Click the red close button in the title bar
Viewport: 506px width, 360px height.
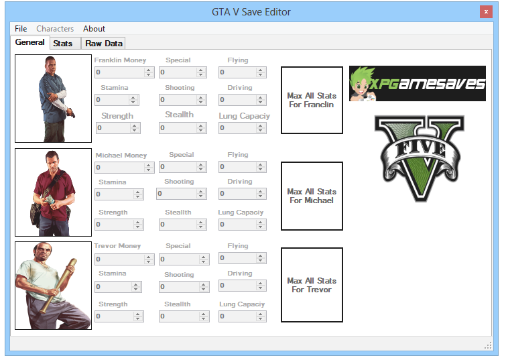(x=486, y=12)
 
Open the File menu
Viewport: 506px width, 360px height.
(x=21, y=29)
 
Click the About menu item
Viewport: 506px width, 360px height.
(x=94, y=29)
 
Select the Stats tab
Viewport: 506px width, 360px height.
(x=63, y=44)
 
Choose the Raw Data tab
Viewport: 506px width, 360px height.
(x=104, y=44)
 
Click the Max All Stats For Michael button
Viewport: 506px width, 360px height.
(x=312, y=196)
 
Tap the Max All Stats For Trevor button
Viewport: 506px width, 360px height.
(x=312, y=285)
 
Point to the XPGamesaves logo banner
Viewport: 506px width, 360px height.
(x=417, y=83)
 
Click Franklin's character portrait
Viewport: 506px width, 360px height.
(x=53, y=99)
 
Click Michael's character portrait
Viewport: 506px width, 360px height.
(x=53, y=192)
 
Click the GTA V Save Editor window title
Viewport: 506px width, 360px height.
(x=252, y=12)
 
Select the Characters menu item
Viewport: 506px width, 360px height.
(x=55, y=29)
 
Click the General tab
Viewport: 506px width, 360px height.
(x=29, y=42)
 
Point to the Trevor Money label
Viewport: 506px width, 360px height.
(x=117, y=246)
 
